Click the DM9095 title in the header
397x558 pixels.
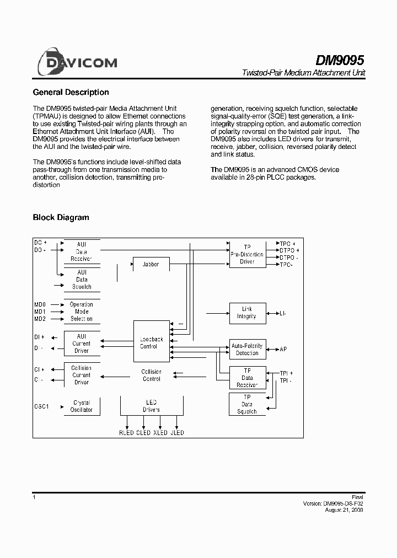pyautogui.click(x=340, y=60)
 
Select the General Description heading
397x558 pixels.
pyautogui.click(x=71, y=93)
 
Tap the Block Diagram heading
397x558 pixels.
pyautogui.click(x=61, y=217)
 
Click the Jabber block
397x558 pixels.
pyautogui.click(x=151, y=264)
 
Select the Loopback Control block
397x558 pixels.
pyautogui.click(x=151, y=342)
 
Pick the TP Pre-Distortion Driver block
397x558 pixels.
pyautogui.click(x=247, y=254)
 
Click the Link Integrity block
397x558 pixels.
pyautogui.click(x=247, y=313)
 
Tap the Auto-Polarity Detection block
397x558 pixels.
pyautogui.click(x=248, y=350)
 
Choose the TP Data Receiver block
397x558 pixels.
pyautogui.click(x=247, y=378)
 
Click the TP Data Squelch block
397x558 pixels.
pyautogui.click(x=247, y=404)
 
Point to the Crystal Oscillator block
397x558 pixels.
pyautogui.click(x=82, y=407)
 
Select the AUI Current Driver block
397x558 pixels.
pyautogui.click(x=82, y=343)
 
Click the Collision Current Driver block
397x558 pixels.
pyautogui.click(x=82, y=375)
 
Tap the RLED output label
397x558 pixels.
pyautogui.click(x=127, y=433)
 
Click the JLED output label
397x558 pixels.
pyautogui.click(x=177, y=433)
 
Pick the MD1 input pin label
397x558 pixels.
pyautogui.click(x=40, y=312)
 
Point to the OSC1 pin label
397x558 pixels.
pyautogui.click(x=42, y=406)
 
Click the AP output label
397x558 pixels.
pyautogui.click(x=283, y=350)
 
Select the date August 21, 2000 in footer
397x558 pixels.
pyautogui.click(x=345, y=510)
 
